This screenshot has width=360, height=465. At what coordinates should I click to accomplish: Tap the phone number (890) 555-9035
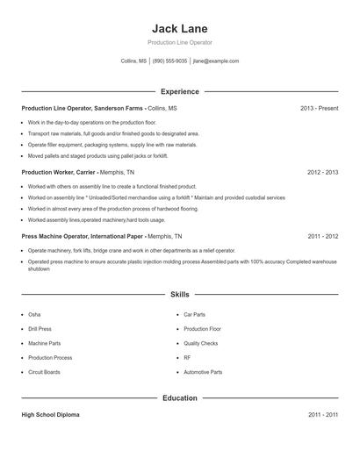click(x=170, y=61)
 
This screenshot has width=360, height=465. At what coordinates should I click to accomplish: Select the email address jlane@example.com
click(x=216, y=61)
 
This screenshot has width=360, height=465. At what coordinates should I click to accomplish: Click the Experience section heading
click(x=179, y=91)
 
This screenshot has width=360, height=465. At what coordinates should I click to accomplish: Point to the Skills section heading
click(x=179, y=296)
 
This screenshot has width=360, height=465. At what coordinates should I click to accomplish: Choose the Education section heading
click(x=179, y=398)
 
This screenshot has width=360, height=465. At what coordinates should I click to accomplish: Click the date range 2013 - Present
click(x=319, y=108)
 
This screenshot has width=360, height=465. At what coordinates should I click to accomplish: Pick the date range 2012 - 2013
click(x=322, y=173)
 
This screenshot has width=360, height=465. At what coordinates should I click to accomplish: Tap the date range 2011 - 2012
click(x=322, y=237)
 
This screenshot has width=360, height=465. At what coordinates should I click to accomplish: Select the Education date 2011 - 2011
click(x=322, y=414)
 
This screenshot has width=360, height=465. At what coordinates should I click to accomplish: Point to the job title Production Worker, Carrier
click(x=57, y=173)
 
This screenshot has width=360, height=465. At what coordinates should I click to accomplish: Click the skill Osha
click(x=34, y=314)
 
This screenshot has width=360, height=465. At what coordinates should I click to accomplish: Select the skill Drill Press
click(x=40, y=329)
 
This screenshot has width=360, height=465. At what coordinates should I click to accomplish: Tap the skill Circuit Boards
click(x=44, y=372)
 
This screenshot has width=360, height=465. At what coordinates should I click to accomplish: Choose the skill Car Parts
click(x=194, y=314)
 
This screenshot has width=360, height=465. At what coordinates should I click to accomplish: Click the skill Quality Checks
click(x=200, y=343)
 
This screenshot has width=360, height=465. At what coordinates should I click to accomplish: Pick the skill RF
click(x=187, y=358)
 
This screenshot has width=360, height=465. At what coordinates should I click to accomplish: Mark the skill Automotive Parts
click(x=203, y=372)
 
